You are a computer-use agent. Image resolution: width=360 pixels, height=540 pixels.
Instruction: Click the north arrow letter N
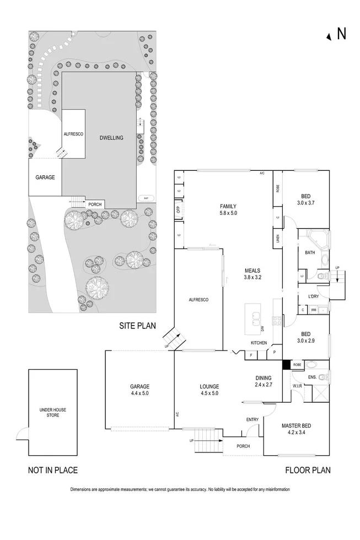click(341, 34)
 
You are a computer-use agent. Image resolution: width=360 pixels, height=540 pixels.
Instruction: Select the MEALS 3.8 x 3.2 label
click(252, 274)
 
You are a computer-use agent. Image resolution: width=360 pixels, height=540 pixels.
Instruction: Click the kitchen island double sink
click(254, 317)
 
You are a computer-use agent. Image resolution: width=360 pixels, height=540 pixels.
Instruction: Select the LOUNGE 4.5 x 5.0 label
click(209, 390)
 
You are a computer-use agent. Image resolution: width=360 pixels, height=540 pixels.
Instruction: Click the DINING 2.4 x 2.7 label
click(263, 381)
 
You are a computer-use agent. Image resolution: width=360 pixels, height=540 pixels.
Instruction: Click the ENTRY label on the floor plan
click(252, 420)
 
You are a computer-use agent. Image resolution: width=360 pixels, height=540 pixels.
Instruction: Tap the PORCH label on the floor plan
click(243, 446)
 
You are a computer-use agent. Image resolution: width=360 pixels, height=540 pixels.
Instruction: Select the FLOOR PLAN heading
click(308, 470)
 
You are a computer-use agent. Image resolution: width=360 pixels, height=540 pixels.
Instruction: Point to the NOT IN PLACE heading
click(52, 470)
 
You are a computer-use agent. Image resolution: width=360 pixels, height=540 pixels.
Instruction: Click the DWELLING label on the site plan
click(111, 137)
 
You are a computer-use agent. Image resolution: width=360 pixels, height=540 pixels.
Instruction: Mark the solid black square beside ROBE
click(286, 364)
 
